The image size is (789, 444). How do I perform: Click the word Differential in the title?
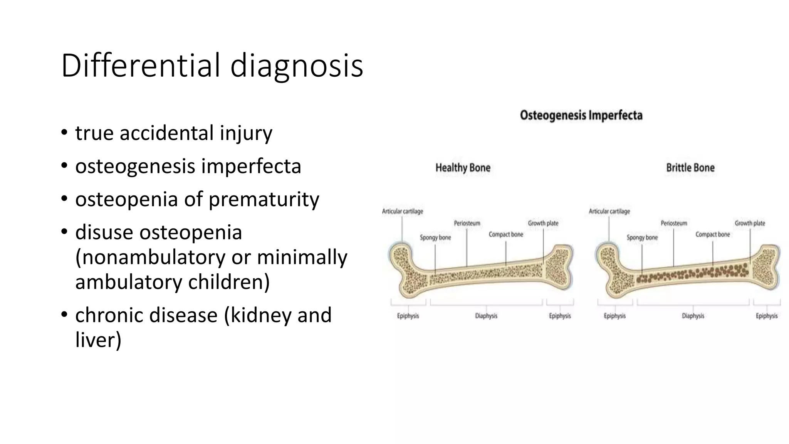click(x=141, y=66)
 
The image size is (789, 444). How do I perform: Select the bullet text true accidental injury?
click(x=173, y=133)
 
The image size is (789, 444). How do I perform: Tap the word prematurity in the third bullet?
click(x=264, y=200)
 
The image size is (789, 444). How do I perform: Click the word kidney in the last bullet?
click(x=262, y=315)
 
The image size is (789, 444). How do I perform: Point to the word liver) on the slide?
click(x=98, y=340)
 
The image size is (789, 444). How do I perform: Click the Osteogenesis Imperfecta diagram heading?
click(x=581, y=115)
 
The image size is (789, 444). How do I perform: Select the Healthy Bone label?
click(x=463, y=168)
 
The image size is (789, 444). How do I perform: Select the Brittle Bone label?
click(x=690, y=168)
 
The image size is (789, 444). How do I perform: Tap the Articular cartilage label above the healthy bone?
click(x=402, y=211)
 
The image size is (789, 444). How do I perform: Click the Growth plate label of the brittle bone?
click(x=749, y=223)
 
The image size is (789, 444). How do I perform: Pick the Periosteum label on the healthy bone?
click(x=467, y=223)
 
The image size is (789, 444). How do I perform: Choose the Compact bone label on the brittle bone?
click(x=712, y=234)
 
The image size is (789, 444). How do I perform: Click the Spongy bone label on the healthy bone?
click(x=435, y=237)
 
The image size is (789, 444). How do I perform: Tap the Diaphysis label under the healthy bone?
click(x=486, y=316)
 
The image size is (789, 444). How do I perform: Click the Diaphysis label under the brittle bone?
click(x=693, y=316)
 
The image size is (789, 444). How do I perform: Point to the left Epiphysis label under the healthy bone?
click(x=408, y=316)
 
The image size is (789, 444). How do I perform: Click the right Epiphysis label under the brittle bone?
click(x=766, y=316)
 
